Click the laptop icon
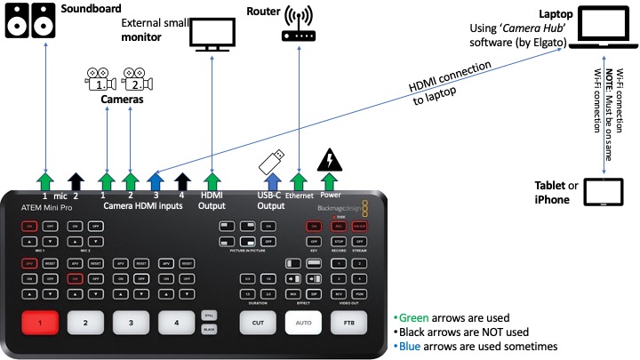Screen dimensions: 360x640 597,29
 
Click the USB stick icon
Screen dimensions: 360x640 270,160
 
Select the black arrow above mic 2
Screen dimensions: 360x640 76,182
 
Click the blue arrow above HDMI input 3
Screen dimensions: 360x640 156,182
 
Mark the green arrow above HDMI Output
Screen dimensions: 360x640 212,182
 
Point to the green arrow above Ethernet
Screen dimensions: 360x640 300,182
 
